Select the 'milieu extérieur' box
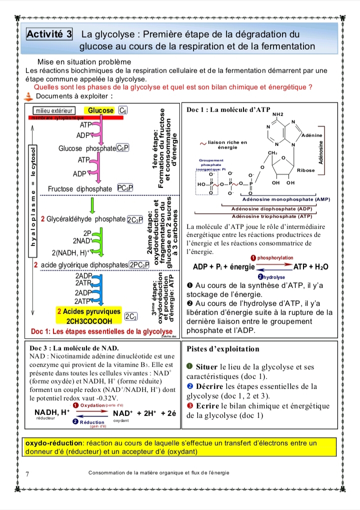click(53, 110)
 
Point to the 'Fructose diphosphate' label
click(80, 188)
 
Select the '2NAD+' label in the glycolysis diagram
click(81, 241)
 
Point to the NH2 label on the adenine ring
click(277, 114)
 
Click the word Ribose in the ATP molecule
click(306, 170)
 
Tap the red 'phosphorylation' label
click(275, 257)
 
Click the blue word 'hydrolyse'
click(274, 276)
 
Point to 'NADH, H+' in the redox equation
click(51, 412)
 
